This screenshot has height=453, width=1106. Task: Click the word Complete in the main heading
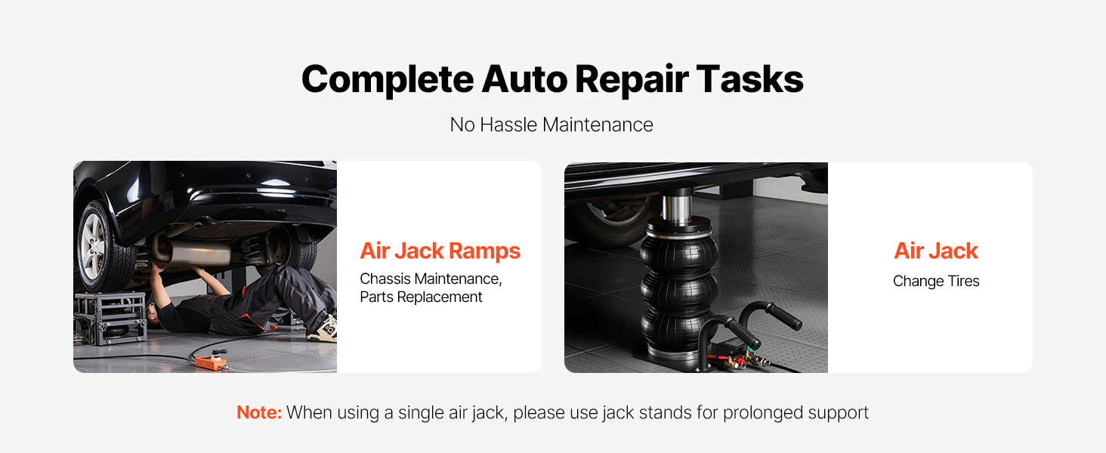point(388,79)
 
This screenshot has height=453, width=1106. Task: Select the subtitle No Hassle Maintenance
point(551,125)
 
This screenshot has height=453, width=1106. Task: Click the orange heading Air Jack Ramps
point(440,251)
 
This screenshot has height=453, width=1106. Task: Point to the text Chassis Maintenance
point(431,279)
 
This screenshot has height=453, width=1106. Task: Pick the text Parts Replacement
point(421,297)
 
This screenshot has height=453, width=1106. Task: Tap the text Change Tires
point(936,281)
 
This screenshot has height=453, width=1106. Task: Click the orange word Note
point(258,412)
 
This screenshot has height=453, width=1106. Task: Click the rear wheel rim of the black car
point(93,247)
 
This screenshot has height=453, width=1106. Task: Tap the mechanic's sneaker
point(323,328)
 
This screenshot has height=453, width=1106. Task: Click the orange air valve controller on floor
point(212,361)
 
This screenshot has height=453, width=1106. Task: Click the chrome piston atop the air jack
point(677,208)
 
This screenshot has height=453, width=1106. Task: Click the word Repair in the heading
point(632,79)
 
